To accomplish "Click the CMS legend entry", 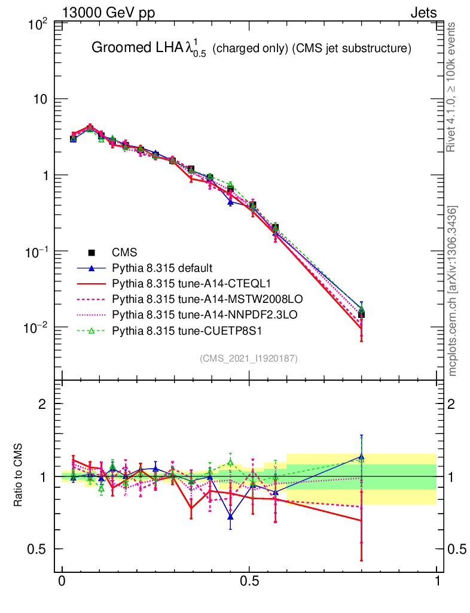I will tap(122, 253).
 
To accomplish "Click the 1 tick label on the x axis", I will tap(437, 581).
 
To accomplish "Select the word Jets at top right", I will tap(423, 13).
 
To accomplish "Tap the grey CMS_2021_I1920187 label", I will tap(249, 358).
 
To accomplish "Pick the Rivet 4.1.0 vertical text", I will tap(452, 87).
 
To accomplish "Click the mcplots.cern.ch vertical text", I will tap(453, 290).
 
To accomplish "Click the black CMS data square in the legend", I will tap(91, 253).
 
